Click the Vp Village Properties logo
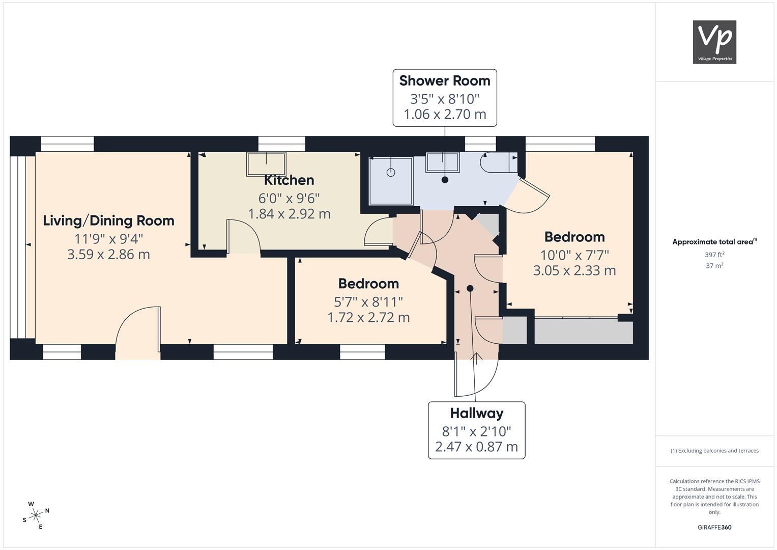pyautogui.click(x=714, y=42)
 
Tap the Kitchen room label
pyautogui.click(x=289, y=180)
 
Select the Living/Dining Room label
pyautogui.click(x=108, y=221)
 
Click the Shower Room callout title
pyautogui.click(x=445, y=80)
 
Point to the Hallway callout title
pyautogui.click(x=477, y=413)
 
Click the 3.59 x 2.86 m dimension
pyautogui.click(x=108, y=255)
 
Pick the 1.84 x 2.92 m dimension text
pyautogui.click(x=289, y=214)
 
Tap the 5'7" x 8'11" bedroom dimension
pyautogui.click(x=368, y=302)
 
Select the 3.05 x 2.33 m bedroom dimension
pyautogui.click(x=574, y=270)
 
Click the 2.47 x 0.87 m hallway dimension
pyautogui.click(x=477, y=447)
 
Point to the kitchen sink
pyautogui.click(x=267, y=164)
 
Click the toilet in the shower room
pyautogui.click(x=499, y=162)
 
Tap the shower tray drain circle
pyautogui.click(x=391, y=173)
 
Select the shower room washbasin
pyautogui.click(x=443, y=162)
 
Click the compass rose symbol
pyautogui.click(x=36, y=515)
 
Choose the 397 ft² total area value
pyautogui.click(x=714, y=255)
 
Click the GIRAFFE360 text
pyautogui.click(x=714, y=527)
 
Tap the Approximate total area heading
pyautogui.click(x=714, y=242)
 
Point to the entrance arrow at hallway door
pyautogui.click(x=476, y=359)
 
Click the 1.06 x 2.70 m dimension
pyautogui.click(x=445, y=114)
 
